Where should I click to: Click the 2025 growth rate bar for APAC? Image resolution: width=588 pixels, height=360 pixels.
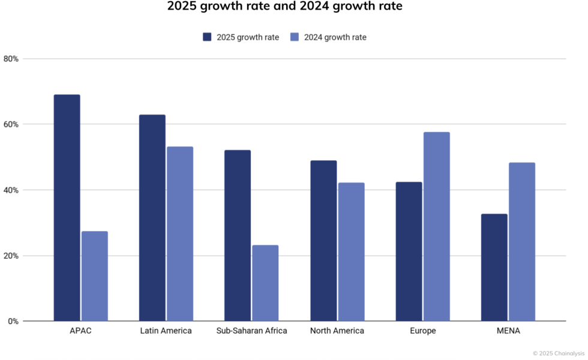[67, 208]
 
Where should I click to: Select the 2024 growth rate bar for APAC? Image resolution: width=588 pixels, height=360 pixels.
[94, 276]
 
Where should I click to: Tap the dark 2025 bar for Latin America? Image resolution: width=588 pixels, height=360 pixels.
[152, 218]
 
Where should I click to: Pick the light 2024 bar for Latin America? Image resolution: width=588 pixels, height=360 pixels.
[180, 234]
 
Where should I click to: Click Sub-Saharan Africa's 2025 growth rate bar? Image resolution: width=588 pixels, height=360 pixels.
[238, 235]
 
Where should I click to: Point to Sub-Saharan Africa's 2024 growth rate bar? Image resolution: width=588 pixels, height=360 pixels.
[265, 283]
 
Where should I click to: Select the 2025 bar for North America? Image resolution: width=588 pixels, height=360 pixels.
[323, 241]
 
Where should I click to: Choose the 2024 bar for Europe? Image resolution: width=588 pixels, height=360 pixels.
[436, 227]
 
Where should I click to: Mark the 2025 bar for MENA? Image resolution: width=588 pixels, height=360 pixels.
[494, 268]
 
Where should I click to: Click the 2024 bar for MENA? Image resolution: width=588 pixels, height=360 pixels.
[521, 242]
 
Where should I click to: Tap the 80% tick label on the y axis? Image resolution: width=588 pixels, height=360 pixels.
[11, 59]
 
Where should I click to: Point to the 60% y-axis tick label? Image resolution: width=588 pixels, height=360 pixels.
[11, 124]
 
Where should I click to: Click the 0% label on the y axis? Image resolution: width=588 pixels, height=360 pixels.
[13, 322]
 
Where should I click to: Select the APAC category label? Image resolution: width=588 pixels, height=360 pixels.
[80, 331]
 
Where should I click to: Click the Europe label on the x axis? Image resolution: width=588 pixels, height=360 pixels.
[423, 331]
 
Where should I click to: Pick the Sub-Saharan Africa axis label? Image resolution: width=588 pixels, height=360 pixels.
[251, 331]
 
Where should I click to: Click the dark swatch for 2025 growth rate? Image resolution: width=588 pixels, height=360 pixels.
[208, 37]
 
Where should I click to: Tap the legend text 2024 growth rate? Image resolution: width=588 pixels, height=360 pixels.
[335, 37]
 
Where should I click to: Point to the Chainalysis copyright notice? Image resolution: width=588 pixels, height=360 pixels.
[559, 353]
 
